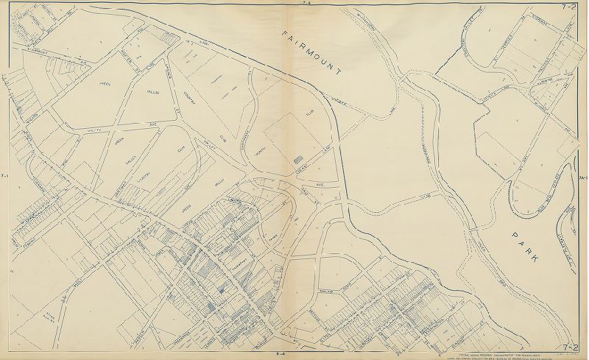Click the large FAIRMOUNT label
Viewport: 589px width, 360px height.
(313, 56)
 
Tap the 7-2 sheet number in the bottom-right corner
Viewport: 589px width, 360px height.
(570, 346)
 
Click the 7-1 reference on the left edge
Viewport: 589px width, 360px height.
(4, 176)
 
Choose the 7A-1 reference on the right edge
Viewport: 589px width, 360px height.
(582, 177)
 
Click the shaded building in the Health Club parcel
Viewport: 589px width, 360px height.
(298, 158)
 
